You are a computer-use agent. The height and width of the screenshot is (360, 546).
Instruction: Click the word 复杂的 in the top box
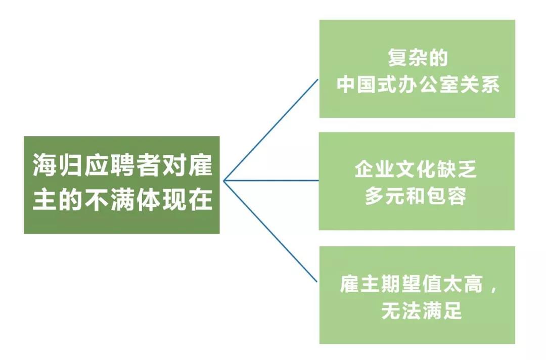click(418, 58)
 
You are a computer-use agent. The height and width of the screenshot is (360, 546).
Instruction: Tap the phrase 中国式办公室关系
click(418, 84)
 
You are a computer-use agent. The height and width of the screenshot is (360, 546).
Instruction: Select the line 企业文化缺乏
click(416, 169)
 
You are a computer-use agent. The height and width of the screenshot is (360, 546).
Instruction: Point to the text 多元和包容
click(416, 196)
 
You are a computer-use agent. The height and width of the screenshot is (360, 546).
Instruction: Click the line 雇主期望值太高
click(412, 284)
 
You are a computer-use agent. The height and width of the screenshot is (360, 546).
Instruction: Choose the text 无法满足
click(422, 310)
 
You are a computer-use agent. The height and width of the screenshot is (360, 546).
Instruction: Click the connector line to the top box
click(271, 130)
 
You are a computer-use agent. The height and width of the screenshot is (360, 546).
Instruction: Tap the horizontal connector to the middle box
click(271, 181)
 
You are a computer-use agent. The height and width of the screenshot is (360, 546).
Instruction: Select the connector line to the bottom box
click(270, 231)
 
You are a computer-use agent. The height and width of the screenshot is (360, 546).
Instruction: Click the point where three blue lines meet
click(224, 181)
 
